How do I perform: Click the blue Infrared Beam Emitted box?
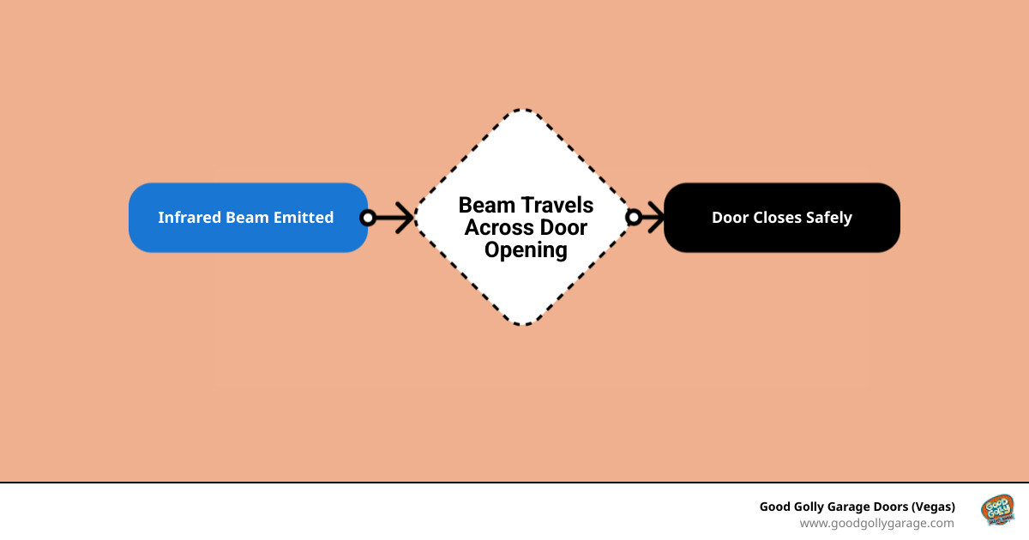click(248, 218)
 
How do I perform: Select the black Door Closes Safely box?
click(782, 218)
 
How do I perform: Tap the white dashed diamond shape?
click(523, 217)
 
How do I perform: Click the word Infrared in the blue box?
click(190, 217)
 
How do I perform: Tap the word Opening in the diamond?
click(526, 251)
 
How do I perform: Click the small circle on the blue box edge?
click(368, 218)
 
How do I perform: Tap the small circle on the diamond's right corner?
click(634, 217)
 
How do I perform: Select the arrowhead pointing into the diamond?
click(405, 218)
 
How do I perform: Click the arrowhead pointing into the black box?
click(656, 217)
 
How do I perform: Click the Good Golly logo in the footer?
click(997, 510)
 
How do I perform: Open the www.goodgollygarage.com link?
click(876, 523)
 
